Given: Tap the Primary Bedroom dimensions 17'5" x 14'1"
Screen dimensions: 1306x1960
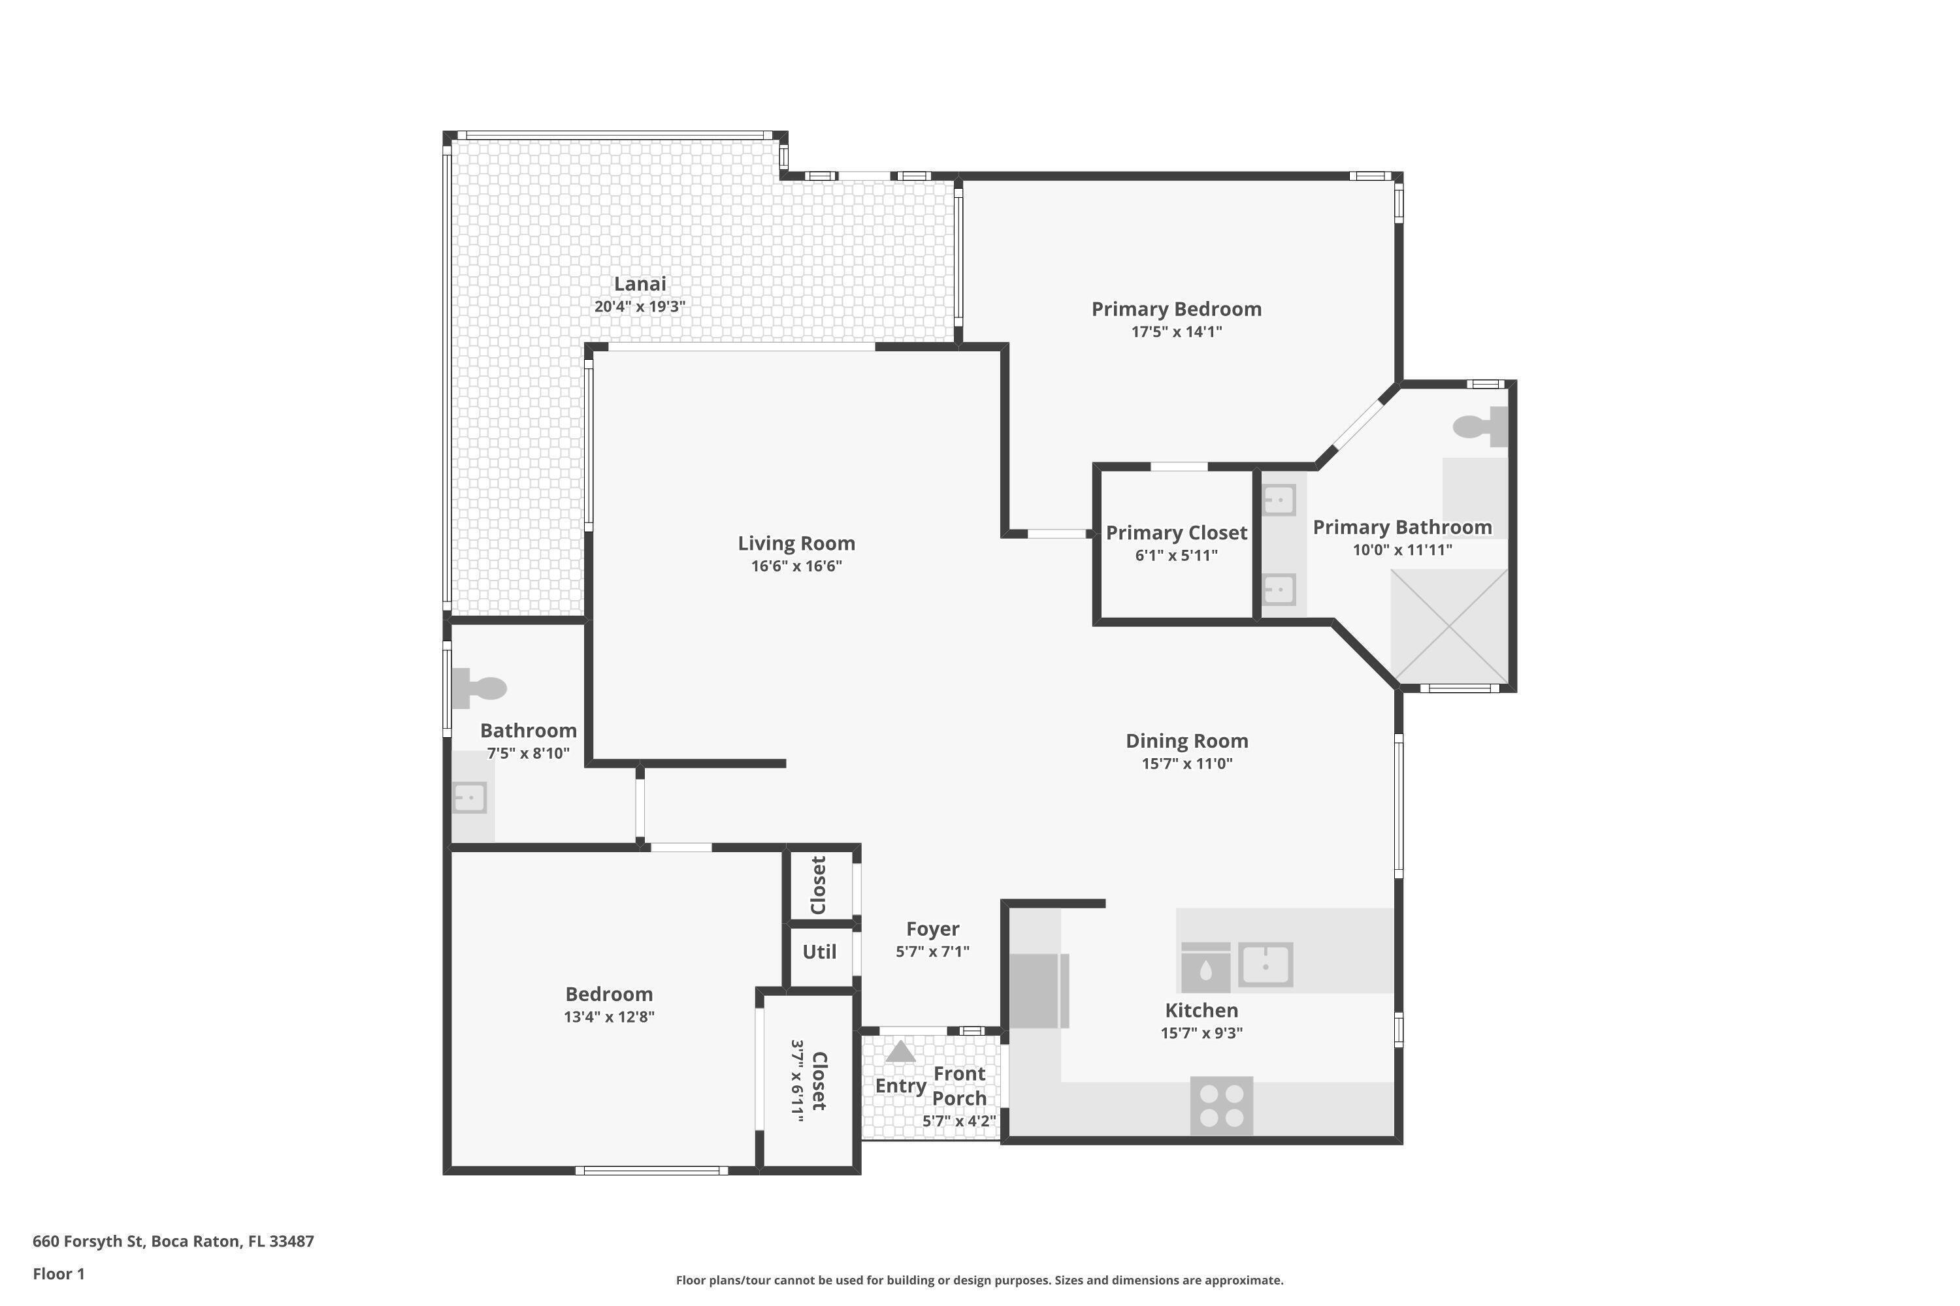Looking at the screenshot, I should (x=1176, y=332).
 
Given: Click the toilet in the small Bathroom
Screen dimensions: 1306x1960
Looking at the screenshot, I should (x=479, y=688).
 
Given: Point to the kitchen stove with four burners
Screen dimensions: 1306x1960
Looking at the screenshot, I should (x=1221, y=1106).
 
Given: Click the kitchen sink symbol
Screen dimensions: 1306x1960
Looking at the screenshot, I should (x=1264, y=964).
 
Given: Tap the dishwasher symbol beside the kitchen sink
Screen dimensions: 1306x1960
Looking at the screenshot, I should (x=1205, y=967).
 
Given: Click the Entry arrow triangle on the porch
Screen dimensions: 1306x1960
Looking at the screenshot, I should (x=900, y=1052).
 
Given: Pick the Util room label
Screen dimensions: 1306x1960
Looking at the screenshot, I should (x=819, y=952).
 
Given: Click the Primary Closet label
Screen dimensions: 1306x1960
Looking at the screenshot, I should (x=1176, y=533).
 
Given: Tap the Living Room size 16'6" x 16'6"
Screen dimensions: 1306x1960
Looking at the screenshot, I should (x=796, y=566).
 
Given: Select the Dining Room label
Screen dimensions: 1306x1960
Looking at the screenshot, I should (x=1186, y=741).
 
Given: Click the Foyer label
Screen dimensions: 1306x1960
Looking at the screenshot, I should (x=932, y=929).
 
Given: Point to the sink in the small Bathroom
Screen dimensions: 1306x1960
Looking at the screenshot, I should (x=469, y=798).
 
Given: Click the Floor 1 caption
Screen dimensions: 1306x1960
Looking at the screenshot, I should (x=58, y=1273).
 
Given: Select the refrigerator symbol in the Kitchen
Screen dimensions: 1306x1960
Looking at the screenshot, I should (x=1037, y=991).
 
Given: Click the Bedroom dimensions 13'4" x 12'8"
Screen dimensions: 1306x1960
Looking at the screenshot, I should (x=608, y=1017).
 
